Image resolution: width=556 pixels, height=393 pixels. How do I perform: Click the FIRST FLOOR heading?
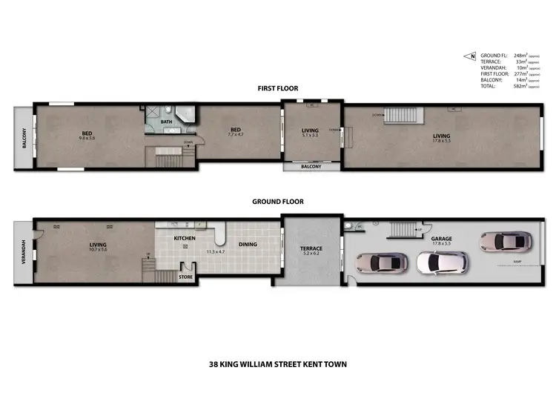tap(278, 88)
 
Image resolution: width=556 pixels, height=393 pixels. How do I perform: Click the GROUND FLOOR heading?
tap(278, 201)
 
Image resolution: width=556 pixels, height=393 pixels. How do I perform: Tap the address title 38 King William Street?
tap(277, 364)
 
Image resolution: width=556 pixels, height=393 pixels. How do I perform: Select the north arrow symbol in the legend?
tap(469, 56)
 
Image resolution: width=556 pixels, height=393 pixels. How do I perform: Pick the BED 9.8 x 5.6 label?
tap(87, 136)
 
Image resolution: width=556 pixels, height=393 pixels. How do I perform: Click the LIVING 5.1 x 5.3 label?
tap(311, 133)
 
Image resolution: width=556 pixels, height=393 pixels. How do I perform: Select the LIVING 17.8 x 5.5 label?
tap(441, 138)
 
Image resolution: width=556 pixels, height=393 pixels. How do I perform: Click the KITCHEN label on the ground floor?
tap(184, 237)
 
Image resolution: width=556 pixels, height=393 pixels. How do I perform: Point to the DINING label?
tap(247, 244)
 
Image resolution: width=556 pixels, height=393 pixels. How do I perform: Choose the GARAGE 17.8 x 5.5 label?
tap(442, 240)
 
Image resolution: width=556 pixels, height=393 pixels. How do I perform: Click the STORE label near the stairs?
tap(185, 277)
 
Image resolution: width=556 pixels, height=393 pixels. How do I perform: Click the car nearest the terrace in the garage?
tap(381, 262)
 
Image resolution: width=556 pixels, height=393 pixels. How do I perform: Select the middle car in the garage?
tap(442, 262)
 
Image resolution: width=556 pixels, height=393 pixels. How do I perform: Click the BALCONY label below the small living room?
tap(311, 167)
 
